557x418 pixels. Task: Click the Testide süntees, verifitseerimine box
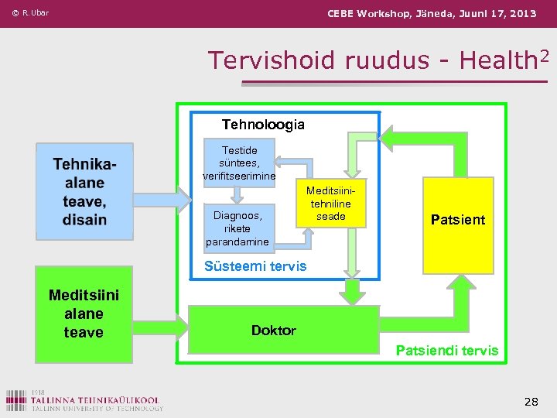click(x=239, y=163)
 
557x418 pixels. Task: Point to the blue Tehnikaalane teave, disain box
click(x=84, y=190)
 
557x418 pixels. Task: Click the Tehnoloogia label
click(x=263, y=125)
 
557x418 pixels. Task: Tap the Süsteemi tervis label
click(x=255, y=266)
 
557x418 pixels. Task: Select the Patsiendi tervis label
click(x=447, y=351)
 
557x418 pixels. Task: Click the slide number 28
click(x=531, y=401)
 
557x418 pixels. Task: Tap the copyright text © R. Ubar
click(x=31, y=13)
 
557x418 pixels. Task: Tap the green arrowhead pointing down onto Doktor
click(x=353, y=293)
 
